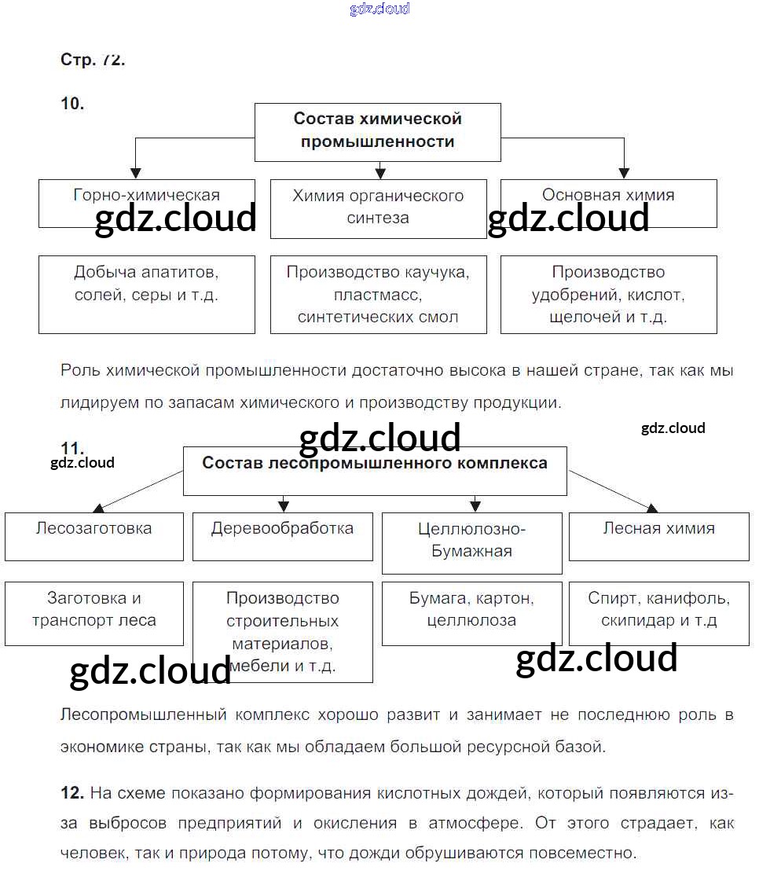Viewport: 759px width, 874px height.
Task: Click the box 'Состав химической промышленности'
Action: point(377,131)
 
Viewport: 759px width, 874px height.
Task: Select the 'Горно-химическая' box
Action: point(146,203)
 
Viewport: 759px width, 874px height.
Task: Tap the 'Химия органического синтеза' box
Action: point(378,208)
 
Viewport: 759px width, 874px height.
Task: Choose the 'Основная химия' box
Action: point(608,203)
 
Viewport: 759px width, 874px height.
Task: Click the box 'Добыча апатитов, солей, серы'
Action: point(146,293)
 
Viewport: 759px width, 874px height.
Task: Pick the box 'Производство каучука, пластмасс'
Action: point(378,293)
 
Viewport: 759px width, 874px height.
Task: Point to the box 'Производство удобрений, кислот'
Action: point(608,293)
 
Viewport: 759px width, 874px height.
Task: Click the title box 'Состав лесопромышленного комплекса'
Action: point(375,470)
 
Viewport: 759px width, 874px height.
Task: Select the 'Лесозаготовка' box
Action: point(93,536)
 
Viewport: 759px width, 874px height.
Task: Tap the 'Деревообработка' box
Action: point(282,536)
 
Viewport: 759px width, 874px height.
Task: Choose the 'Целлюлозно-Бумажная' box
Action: point(471,542)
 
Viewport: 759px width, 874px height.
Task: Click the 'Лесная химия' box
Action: point(658,536)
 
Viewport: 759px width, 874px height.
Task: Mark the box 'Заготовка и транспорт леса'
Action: point(93,612)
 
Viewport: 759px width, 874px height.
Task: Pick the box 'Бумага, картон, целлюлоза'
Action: point(471,612)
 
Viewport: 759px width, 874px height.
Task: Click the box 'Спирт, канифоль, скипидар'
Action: point(658,612)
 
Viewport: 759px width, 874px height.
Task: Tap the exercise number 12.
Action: point(71,793)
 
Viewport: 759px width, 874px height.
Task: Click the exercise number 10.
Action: point(71,104)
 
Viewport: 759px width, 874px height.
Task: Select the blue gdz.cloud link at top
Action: point(379,9)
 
